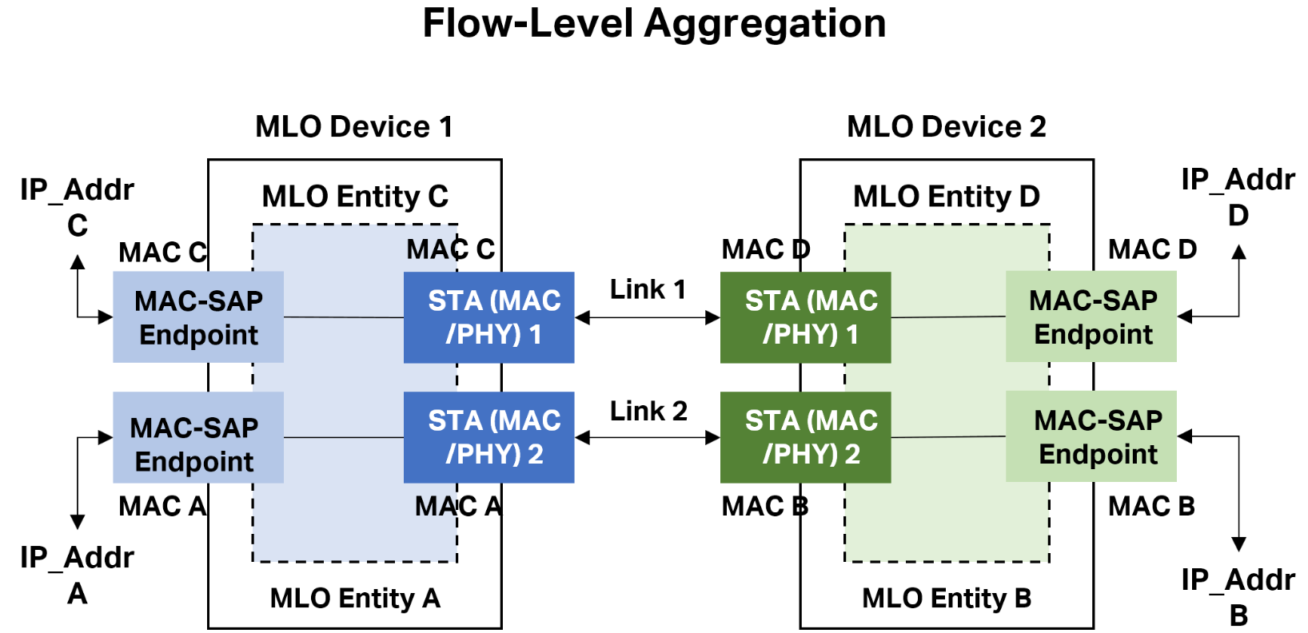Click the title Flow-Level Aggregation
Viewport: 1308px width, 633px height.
click(654, 24)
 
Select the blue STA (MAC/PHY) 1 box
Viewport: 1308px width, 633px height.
click(489, 317)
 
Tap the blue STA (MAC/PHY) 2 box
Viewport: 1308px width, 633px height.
click(489, 437)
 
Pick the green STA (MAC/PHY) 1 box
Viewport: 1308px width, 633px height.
click(805, 317)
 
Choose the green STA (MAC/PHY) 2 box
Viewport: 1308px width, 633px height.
click(805, 437)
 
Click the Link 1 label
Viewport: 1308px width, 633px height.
click(648, 289)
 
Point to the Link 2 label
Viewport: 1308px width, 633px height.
click(648, 411)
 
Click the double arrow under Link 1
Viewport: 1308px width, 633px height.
click(648, 318)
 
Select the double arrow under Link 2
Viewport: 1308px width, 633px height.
click(648, 437)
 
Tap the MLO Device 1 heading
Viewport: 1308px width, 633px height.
click(354, 126)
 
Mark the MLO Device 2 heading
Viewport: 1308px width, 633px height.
click(946, 126)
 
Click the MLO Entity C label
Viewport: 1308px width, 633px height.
click(355, 197)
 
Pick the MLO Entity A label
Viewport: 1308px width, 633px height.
click(355, 598)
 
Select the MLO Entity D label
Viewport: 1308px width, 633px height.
click(946, 197)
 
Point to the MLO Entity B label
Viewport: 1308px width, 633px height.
click(946, 598)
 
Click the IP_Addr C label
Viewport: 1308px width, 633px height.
click(78, 207)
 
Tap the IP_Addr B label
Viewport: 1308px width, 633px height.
click(1238, 597)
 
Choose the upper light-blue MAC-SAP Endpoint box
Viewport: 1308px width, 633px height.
click(198, 317)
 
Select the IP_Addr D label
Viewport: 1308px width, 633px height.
click(1238, 197)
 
